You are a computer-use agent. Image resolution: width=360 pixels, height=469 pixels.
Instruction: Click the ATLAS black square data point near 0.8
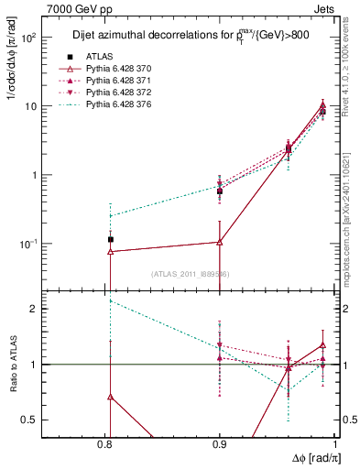(x=110, y=239)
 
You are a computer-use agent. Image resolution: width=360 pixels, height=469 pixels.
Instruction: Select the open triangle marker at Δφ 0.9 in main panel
(x=220, y=242)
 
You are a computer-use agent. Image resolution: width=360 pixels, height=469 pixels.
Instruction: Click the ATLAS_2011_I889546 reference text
(x=191, y=273)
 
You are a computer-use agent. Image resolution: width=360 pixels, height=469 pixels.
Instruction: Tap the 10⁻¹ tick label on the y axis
(x=27, y=245)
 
